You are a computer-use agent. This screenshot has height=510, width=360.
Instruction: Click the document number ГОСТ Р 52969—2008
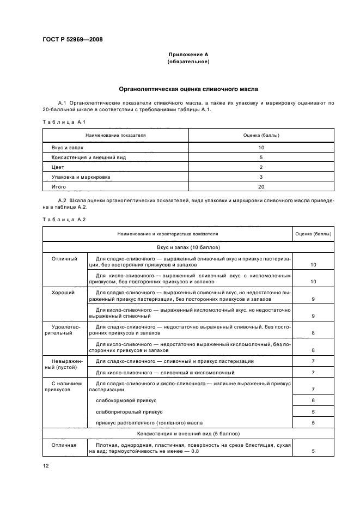click(x=72, y=39)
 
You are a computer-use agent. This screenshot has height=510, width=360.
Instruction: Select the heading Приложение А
click(x=188, y=55)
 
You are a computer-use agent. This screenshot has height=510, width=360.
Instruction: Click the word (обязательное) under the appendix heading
click(x=188, y=62)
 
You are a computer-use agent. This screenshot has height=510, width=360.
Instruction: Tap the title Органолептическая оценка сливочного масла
click(x=188, y=88)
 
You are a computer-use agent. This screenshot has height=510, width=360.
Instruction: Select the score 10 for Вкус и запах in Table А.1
click(x=261, y=147)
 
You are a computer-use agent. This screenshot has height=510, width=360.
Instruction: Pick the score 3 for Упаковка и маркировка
click(x=261, y=177)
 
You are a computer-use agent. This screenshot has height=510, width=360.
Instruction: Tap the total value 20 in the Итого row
click(x=261, y=186)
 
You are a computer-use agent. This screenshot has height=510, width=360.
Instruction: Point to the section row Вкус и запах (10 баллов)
click(x=188, y=247)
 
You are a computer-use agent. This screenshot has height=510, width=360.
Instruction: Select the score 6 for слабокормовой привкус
click(x=313, y=400)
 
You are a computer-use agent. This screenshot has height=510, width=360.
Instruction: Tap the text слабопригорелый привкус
click(x=129, y=411)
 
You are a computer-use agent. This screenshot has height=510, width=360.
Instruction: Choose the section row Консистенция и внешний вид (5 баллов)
click(x=188, y=434)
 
